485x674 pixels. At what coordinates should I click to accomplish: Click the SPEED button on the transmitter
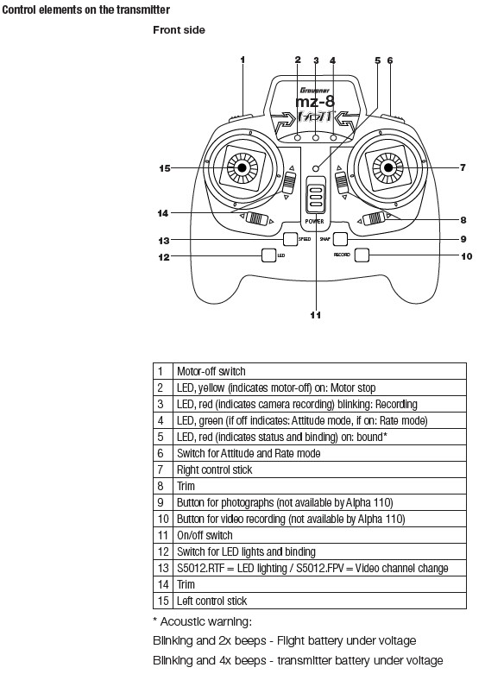tap(291, 239)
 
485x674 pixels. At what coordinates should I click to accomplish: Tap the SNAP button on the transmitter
tap(340, 239)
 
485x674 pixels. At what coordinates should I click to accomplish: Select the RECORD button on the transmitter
tap(362, 255)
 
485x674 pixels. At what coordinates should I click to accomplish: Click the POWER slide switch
tap(316, 195)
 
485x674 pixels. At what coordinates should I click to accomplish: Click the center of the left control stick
tap(243, 167)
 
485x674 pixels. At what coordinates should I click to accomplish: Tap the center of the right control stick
tap(387, 167)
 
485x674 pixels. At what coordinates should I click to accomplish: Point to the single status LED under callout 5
tap(316, 168)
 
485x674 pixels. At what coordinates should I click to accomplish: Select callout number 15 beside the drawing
tap(165, 168)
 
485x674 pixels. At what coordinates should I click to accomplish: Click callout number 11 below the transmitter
tap(316, 315)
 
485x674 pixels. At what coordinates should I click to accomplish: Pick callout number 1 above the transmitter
tap(243, 60)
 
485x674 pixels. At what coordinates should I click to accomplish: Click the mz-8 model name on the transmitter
tap(315, 102)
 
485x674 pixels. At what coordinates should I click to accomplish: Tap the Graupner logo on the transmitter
tap(315, 91)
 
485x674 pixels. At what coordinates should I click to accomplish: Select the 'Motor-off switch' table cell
tap(319, 371)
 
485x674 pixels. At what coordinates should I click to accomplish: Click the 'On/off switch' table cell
tap(319, 535)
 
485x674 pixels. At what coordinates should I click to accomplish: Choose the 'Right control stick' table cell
tap(319, 469)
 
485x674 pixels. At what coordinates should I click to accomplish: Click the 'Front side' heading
tap(179, 30)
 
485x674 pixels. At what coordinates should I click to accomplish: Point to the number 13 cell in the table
tap(163, 568)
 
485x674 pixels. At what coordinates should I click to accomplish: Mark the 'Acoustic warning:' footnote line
tap(202, 621)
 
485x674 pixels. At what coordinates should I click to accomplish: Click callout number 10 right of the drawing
tap(467, 256)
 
